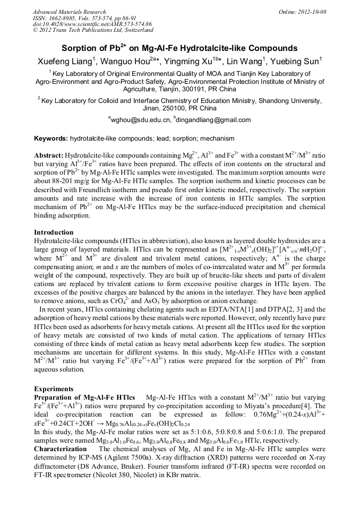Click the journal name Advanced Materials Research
(70, 11)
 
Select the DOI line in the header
(92, 24)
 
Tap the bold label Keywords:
(51, 139)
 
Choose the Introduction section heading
(54, 232)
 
